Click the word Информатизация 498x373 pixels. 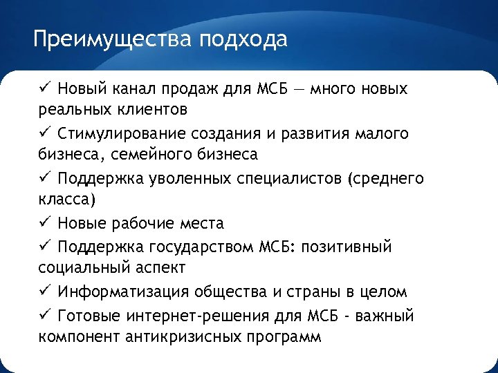[120, 291]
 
